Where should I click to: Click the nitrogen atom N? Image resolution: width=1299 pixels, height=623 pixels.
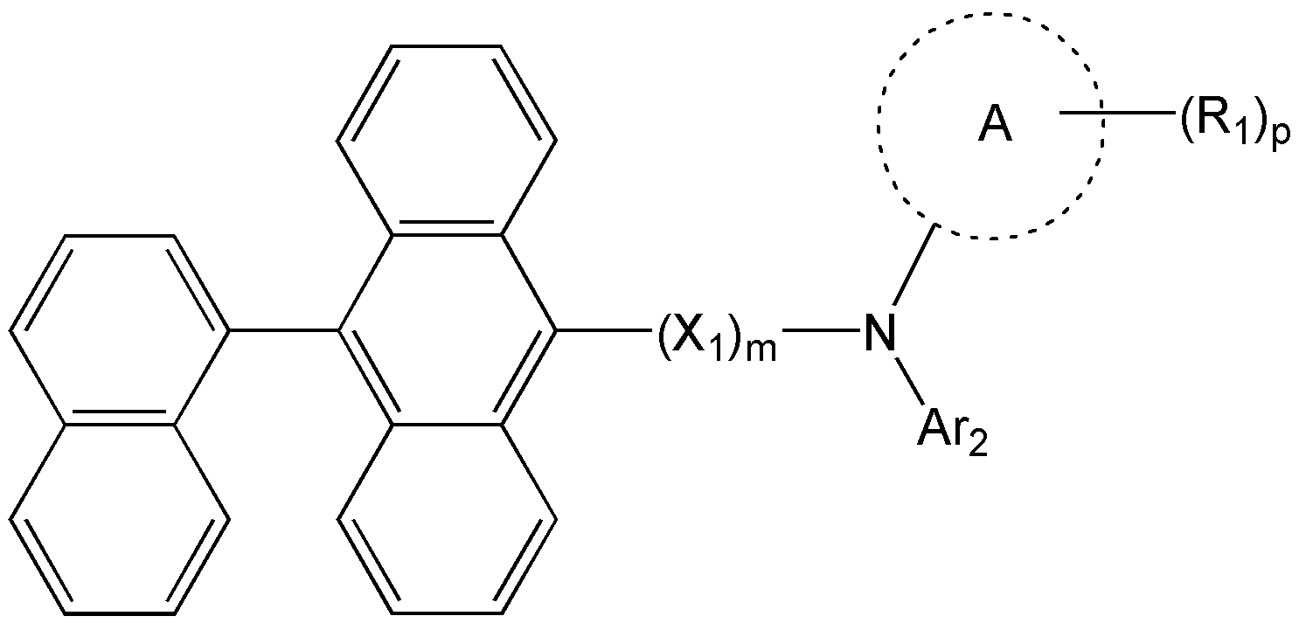879,332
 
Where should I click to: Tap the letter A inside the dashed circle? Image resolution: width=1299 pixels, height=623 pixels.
995,126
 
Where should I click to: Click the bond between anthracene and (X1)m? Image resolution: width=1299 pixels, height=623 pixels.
603,330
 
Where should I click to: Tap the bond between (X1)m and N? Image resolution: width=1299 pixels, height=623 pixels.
821,330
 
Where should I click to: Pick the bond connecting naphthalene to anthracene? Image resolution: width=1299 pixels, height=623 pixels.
284,330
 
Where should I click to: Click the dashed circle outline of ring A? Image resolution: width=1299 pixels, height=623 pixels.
879,126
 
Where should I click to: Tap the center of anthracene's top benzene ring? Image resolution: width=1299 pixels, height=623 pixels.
447,141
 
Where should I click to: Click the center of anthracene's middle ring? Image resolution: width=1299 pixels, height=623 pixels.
447,330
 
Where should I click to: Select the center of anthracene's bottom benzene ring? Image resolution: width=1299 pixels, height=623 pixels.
447,519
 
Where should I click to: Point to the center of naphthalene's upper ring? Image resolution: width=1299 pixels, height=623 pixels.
119,330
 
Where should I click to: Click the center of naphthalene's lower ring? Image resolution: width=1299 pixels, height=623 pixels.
119,519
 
